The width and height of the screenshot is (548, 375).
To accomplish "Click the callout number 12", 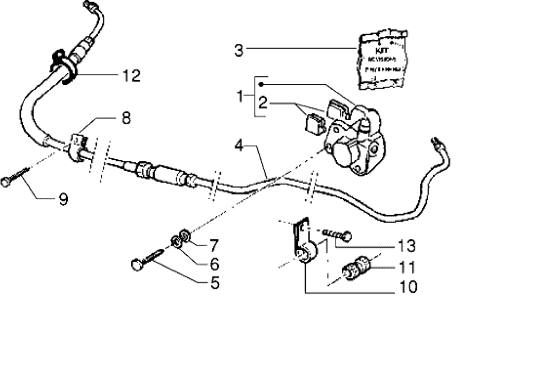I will pyautogui.click(x=130, y=76).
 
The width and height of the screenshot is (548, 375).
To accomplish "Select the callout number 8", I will pyautogui.click(x=126, y=118).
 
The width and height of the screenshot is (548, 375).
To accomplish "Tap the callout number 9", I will pyautogui.click(x=63, y=200).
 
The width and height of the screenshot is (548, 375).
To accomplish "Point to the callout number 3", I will pyautogui.click(x=239, y=51).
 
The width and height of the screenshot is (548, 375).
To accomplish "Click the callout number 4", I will pyautogui.click(x=240, y=145).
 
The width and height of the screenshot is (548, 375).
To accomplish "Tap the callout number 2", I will pyautogui.click(x=263, y=103).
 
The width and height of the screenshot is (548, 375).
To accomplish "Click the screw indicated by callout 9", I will pyautogui.click(x=14, y=177).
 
